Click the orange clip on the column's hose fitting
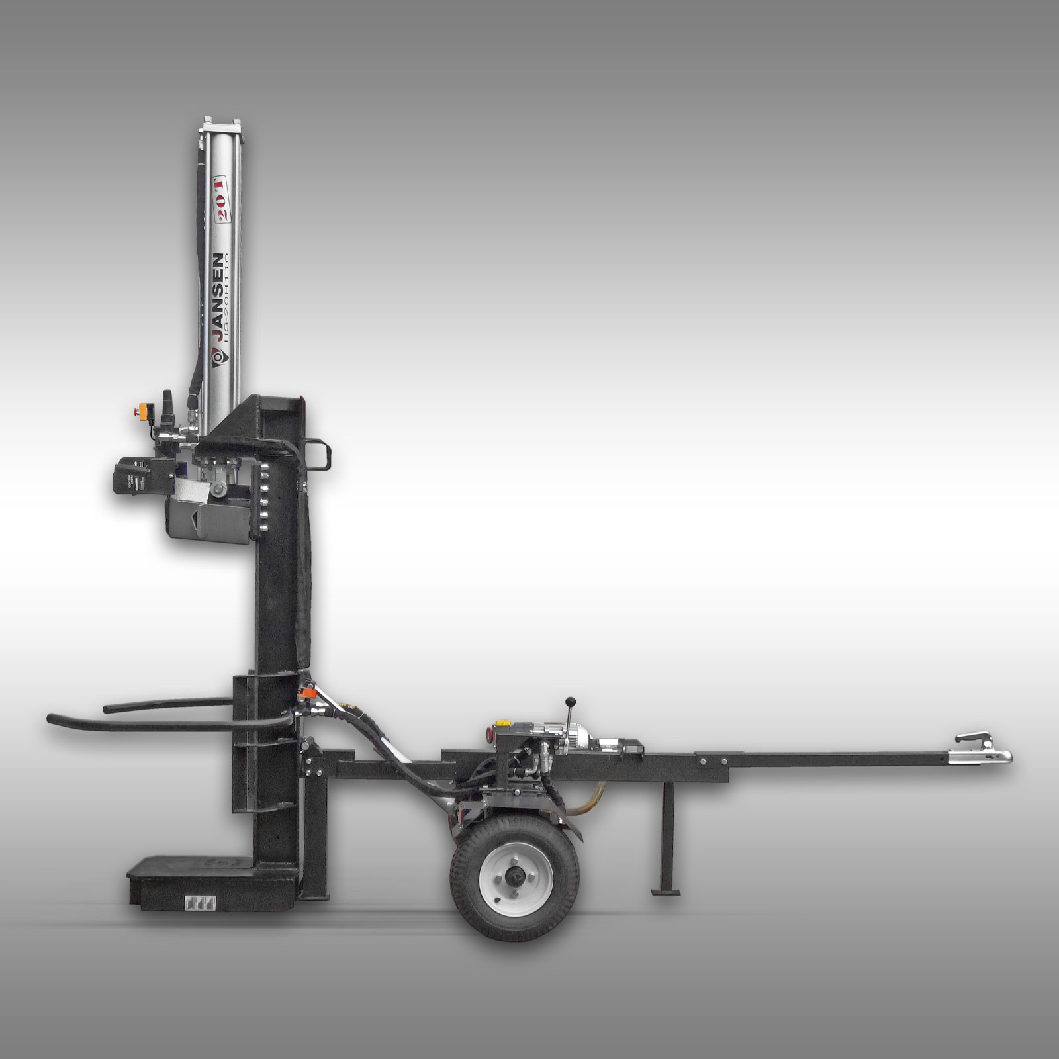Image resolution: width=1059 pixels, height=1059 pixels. click(x=305, y=694)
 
